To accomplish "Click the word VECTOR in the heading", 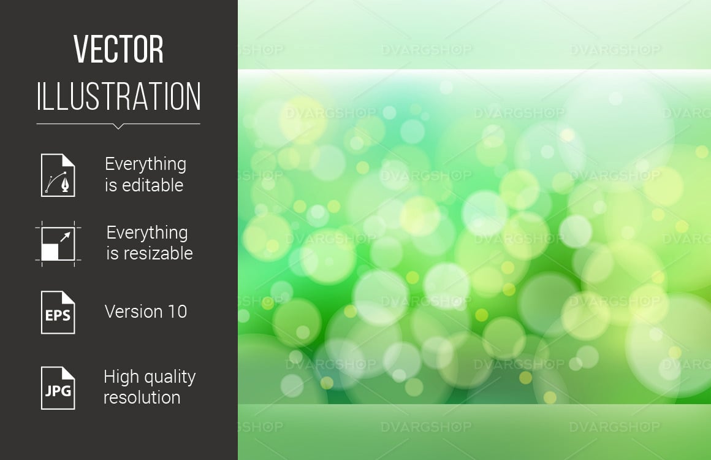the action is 118,49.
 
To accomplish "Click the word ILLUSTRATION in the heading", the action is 118,96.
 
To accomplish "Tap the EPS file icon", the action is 58,313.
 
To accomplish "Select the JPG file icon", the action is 58,388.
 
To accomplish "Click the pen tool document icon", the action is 58,175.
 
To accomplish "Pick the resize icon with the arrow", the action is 58,243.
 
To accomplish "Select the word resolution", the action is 142,397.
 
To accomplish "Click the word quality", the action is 169,377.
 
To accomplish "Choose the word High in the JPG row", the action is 121,377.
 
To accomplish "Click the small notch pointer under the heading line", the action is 118,126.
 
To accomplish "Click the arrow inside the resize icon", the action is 66,236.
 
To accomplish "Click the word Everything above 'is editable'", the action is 145,164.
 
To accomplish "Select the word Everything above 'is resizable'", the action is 147,233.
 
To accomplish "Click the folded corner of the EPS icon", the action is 69,297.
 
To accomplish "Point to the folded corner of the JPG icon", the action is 69,374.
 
